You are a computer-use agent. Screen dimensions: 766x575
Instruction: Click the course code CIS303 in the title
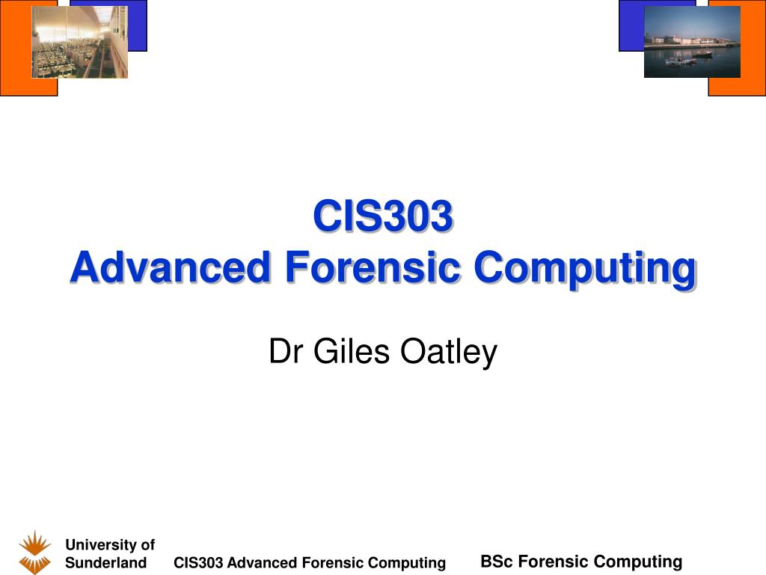click(x=383, y=216)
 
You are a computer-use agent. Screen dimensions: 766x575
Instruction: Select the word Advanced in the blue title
click(x=170, y=267)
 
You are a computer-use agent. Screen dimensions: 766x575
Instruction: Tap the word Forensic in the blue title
click(x=373, y=267)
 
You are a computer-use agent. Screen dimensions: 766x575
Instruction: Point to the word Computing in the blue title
click(x=585, y=270)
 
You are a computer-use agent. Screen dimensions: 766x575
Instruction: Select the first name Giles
click(x=352, y=351)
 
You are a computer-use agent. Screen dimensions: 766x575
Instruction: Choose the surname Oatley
click(x=449, y=352)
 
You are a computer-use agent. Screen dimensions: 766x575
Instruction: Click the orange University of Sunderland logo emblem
click(x=34, y=552)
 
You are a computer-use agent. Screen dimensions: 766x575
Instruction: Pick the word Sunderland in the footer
click(x=106, y=563)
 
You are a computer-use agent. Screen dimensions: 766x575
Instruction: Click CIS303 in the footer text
click(x=198, y=563)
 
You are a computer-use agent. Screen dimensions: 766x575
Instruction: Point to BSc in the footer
click(x=497, y=562)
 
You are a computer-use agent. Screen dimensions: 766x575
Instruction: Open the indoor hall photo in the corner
click(x=79, y=42)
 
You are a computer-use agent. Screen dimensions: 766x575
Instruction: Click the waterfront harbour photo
click(x=692, y=42)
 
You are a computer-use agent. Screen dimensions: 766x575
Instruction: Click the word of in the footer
click(x=147, y=545)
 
